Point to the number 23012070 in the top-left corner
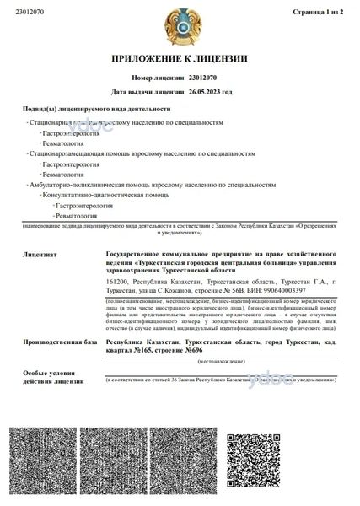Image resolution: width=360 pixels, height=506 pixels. point(30,13)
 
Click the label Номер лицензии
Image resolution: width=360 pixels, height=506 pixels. point(156,75)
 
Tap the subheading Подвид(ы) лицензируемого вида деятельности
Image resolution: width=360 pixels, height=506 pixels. point(97,110)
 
